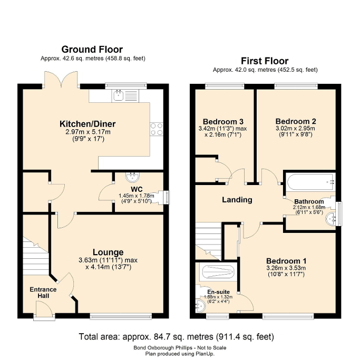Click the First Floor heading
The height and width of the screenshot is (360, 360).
tap(265, 61)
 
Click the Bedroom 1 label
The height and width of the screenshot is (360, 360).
tap(286, 261)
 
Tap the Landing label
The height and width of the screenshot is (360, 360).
tap(237, 200)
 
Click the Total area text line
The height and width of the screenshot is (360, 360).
tap(176, 336)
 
